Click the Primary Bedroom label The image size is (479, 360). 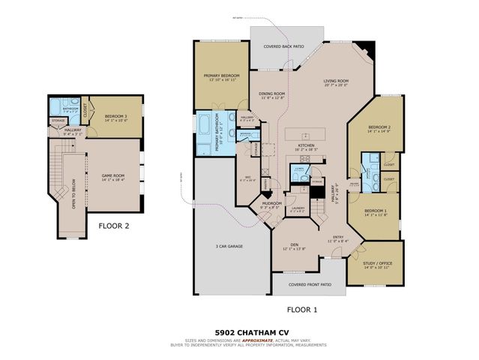(221, 76)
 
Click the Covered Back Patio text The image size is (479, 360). (283, 46)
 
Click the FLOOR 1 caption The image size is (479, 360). (304, 308)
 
